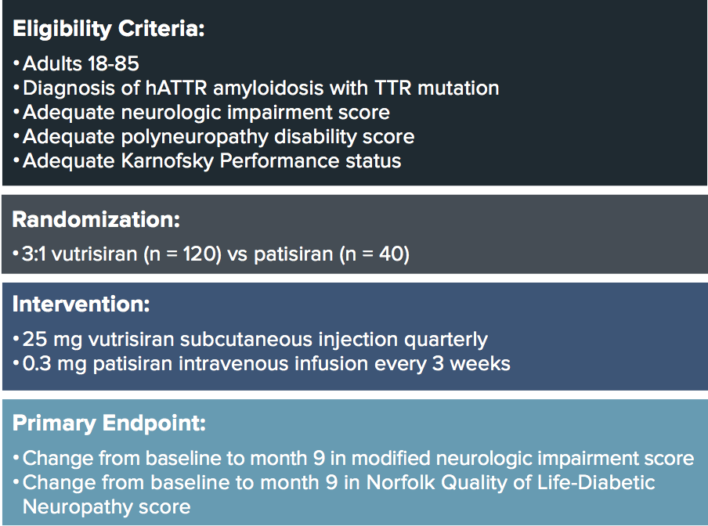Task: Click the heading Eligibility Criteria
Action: (108, 29)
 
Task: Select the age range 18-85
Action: (114, 63)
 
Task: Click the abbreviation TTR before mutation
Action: (393, 88)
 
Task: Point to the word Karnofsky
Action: (167, 161)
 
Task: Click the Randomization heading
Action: (96, 220)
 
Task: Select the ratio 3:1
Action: (34, 254)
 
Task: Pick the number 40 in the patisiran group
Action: (392, 254)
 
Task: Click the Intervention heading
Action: (81, 304)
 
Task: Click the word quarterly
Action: (446, 340)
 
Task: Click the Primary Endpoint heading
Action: (109, 423)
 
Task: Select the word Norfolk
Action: (400, 483)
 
